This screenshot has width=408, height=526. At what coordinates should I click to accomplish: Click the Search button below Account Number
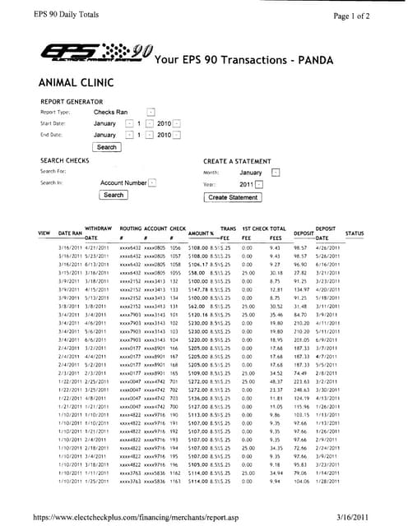113,196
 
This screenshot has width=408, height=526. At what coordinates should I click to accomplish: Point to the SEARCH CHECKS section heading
65,160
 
